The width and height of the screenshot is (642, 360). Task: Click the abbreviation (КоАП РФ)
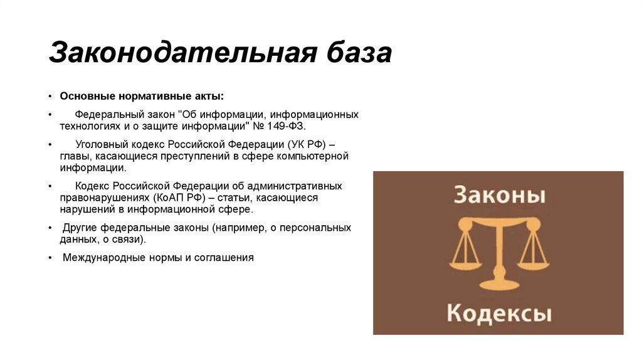click(179, 198)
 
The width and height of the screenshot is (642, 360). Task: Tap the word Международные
click(103, 257)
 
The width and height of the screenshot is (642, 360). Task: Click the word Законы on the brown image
click(498, 195)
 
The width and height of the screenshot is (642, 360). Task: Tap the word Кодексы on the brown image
click(499, 312)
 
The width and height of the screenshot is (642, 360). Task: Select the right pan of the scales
click(534, 258)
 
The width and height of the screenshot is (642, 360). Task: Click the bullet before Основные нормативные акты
click(50, 96)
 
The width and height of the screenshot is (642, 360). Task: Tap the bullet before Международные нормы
click(50, 257)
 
